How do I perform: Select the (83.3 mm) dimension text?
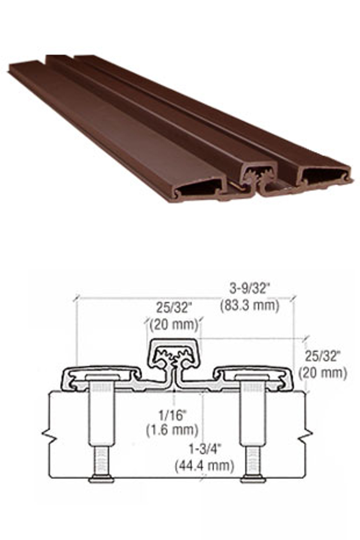click(250, 305)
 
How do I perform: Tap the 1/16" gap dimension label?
click(172, 415)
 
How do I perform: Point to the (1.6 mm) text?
click(172, 430)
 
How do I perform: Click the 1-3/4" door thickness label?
click(204, 449)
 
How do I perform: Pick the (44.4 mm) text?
click(204, 465)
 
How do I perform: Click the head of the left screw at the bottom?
click(102, 479)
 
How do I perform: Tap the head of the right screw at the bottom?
click(253, 479)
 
